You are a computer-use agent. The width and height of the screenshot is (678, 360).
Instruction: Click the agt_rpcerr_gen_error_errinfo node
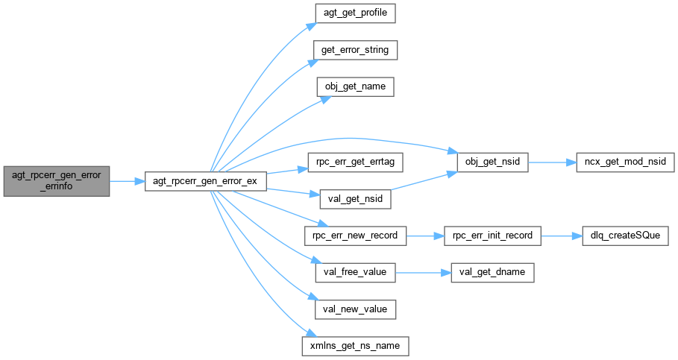57,181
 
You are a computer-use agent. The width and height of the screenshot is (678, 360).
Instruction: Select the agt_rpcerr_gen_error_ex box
205,181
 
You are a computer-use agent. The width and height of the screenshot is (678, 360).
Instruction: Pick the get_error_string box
355,51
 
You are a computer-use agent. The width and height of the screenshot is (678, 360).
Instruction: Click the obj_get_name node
355,87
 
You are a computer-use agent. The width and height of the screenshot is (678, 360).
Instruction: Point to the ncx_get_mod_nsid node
625,161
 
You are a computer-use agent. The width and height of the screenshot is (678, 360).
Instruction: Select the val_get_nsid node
355,199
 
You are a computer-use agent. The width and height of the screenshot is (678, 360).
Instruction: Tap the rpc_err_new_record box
355,236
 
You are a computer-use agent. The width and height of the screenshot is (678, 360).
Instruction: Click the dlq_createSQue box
625,236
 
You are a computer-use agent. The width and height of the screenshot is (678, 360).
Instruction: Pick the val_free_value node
355,272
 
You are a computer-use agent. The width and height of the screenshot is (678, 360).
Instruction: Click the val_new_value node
355,309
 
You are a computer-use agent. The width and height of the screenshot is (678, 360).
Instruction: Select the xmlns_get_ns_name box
355,345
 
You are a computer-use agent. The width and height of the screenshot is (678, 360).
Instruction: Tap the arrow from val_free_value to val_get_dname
423,272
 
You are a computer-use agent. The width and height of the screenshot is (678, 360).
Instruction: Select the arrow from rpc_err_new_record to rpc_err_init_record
425,236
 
